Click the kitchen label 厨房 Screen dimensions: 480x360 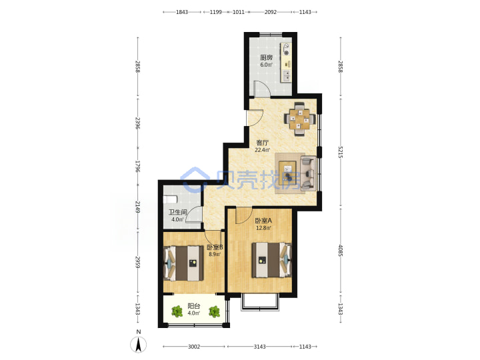tap(266, 57)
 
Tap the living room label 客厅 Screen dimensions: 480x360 tap(263, 143)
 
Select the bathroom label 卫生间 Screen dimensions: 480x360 tap(178, 212)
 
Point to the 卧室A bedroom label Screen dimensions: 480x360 tap(263, 221)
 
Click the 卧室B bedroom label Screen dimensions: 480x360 tap(215, 247)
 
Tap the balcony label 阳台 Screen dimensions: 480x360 tap(194, 306)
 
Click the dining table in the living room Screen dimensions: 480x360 tap(300, 119)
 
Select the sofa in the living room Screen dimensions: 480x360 tap(309, 173)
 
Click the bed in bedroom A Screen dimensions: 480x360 tap(271, 260)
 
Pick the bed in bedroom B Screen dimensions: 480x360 tap(184, 263)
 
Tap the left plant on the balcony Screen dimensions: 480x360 tap(177, 311)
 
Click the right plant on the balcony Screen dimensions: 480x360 tap(214, 311)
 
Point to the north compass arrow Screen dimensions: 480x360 tap(139, 344)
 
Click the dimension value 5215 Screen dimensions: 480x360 tap(341, 152)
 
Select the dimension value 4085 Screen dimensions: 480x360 tap(341, 251)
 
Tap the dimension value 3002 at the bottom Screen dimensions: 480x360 tap(194, 347)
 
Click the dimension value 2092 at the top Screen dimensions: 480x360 tap(271, 12)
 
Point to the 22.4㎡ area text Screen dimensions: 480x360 tap(263, 150)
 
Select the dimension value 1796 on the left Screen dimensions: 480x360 tap(138, 166)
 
